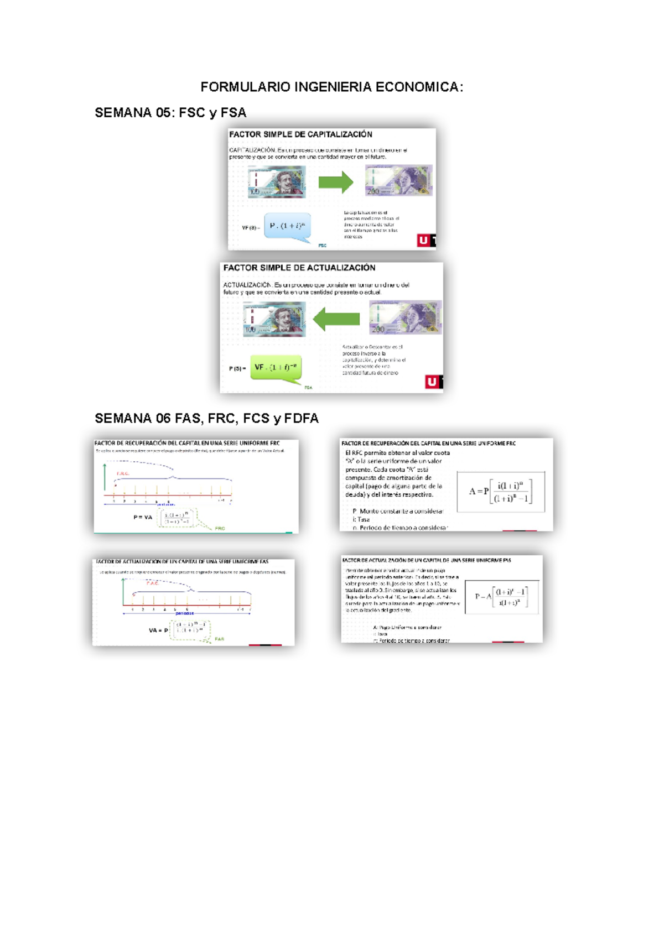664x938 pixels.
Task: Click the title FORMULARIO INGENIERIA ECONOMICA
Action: click(x=331, y=87)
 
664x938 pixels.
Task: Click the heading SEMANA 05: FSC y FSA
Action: click(x=170, y=113)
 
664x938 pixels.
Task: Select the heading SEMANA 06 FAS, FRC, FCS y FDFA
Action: click(x=206, y=418)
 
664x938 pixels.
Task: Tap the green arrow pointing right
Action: click(x=336, y=182)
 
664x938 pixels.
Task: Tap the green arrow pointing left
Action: click(x=336, y=319)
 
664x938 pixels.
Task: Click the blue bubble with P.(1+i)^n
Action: click(x=287, y=226)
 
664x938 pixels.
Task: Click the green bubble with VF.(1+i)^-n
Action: click(x=276, y=367)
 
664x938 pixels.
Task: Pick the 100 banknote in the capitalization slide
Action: click(x=277, y=181)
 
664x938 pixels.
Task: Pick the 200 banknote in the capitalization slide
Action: click(x=398, y=180)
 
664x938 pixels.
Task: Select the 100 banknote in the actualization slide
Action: click(x=274, y=319)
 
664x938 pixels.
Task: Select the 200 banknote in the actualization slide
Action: click(x=406, y=317)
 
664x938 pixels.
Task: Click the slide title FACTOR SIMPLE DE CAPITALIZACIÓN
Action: click(x=300, y=134)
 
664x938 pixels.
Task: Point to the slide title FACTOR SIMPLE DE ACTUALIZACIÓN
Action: click(x=299, y=268)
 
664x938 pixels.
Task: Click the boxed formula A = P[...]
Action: click(x=501, y=491)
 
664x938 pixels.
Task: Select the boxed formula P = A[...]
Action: click(x=501, y=596)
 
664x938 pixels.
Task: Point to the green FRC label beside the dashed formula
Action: click(x=220, y=528)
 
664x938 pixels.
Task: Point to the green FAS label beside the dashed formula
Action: click(x=220, y=639)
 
